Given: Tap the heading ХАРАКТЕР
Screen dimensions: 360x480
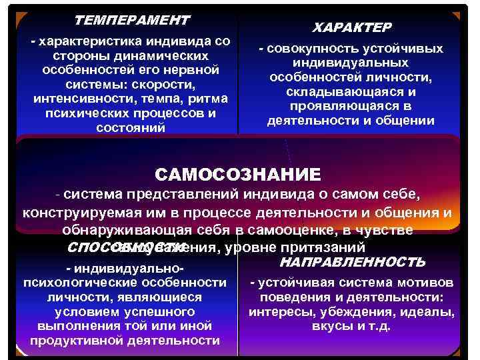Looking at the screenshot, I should [352, 27].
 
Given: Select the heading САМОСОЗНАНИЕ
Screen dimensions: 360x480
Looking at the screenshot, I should [238, 174].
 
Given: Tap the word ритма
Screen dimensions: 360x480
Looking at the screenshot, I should [211, 99].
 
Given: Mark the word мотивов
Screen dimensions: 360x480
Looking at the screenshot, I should [424, 283].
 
